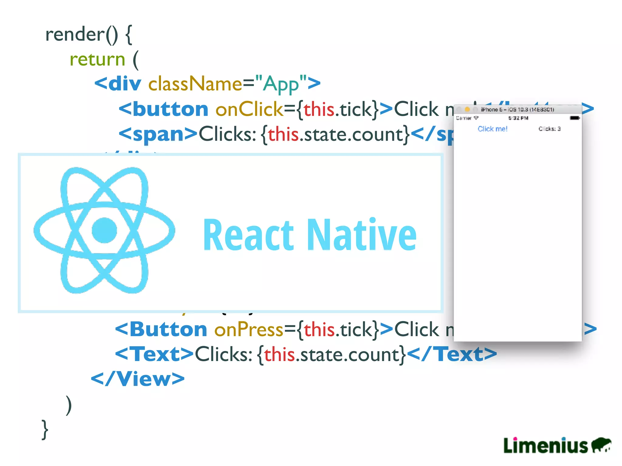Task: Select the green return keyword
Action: coord(97,59)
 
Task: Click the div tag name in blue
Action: coord(125,84)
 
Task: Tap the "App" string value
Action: coord(281,84)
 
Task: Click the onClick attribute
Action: coord(249,109)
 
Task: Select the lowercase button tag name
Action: coord(170,109)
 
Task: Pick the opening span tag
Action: coord(158,134)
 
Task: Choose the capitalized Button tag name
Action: coord(168,329)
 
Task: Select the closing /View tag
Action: coord(138,379)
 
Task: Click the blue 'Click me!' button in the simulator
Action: coord(492,129)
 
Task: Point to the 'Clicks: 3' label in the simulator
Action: coord(549,129)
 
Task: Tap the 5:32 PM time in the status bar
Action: coord(518,118)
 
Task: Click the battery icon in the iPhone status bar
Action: coord(575,118)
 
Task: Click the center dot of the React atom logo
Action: coord(104,230)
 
